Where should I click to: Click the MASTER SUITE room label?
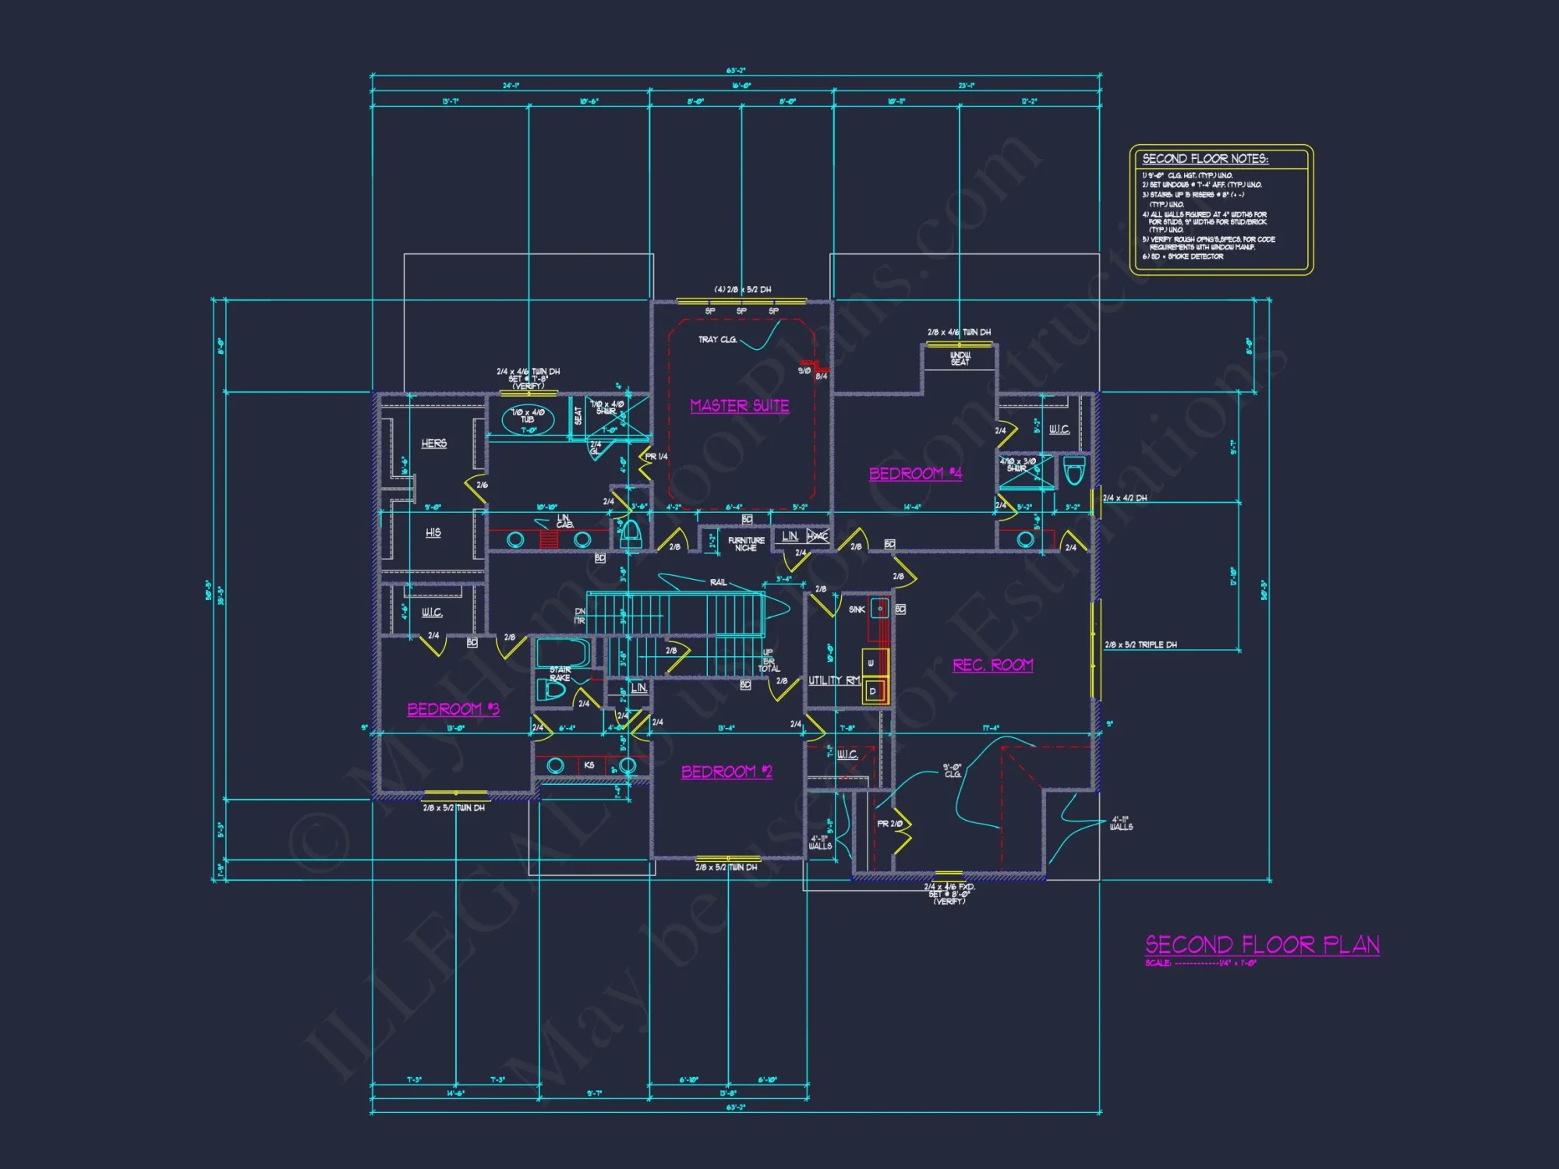pyautogui.click(x=739, y=406)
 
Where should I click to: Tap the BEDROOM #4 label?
pyautogui.click(x=915, y=474)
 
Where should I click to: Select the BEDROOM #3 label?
pyautogui.click(x=453, y=709)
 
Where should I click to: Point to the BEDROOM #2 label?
pyautogui.click(x=726, y=772)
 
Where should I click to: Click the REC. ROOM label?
pyautogui.click(x=992, y=665)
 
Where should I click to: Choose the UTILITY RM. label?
pyautogui.click(x=834, y=680)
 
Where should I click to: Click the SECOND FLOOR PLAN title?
pyautogui.click(x=1262, y=945)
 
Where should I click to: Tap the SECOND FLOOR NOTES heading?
pyautogui.click(x=1205, y=159)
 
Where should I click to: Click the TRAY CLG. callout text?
pyautogui.click(x=717, y=340)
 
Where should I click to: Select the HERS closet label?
pyautogui.click(x=434, y=443)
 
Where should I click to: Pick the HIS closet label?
pyautogui.click(x=433, y=533)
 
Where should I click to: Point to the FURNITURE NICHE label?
pyautogui.click(x=746, y=544)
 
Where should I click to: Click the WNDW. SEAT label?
pyautogui.click(x=960, y=358)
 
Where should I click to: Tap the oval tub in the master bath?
pyautogui.click(x=528, y=419)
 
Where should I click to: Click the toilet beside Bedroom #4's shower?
pyautogui.click(x=1074, y=471)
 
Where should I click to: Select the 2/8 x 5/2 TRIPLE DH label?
pyautogui.click(x=1140, y=645)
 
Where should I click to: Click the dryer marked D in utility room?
pyautogui.click(x=872, y=691)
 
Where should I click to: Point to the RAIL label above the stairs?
pyautogui.click(x=718, y=582)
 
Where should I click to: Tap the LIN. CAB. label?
pyautogui.click(x=564, y=521)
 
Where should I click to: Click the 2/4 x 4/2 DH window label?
pyautogui.click(x=1125, y=498)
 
